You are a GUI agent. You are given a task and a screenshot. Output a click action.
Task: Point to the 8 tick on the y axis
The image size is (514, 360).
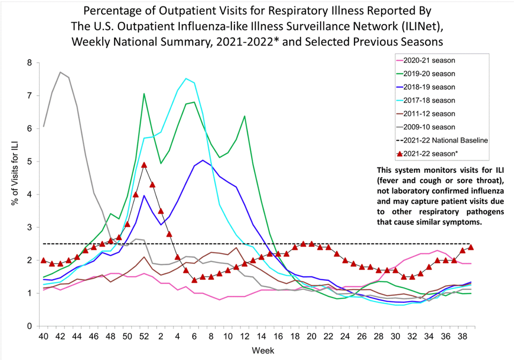click(29, 63)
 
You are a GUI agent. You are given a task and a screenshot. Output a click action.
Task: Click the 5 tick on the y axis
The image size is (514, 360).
click(29, 162)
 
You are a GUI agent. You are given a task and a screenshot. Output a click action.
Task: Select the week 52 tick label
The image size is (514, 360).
click(144, 337)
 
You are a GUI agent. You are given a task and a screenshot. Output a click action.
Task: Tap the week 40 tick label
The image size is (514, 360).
click(43, 337)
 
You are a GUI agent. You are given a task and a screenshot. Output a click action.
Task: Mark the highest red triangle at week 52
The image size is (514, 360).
click(144, 165)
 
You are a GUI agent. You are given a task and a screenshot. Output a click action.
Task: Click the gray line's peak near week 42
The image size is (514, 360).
click(61, 72)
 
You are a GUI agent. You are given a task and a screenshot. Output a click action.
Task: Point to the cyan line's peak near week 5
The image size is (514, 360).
click(186, 79)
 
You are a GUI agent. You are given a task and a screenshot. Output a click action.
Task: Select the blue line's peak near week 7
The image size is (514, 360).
click(202, 160)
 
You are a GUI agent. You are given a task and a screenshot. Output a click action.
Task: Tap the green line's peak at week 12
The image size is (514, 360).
click(245, 116)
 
